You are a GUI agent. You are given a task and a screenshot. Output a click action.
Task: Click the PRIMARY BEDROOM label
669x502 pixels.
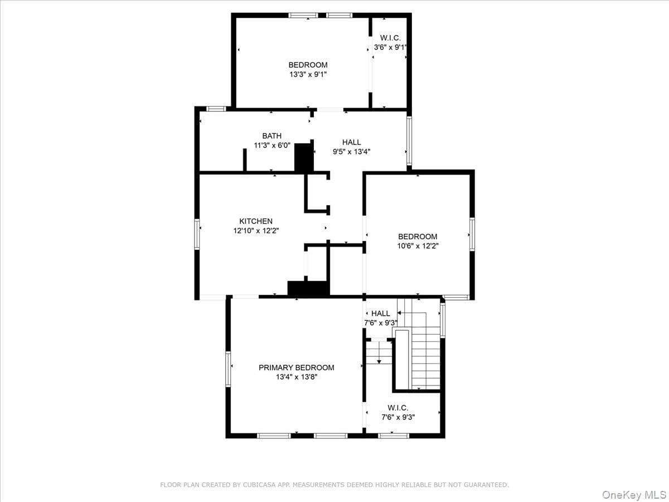[x=296, y=368]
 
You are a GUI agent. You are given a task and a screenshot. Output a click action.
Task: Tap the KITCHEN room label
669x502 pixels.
[x=256, y=221]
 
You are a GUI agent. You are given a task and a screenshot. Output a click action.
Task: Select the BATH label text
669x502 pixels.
[x=272, y=136]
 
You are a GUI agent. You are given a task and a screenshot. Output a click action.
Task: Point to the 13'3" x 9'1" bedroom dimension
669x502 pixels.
[x=308, y=74]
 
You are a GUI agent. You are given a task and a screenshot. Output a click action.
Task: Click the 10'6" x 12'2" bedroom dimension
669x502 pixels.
[x=418, y=246]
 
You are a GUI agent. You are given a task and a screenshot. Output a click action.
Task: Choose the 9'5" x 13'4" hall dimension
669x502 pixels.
[x=351, y=152]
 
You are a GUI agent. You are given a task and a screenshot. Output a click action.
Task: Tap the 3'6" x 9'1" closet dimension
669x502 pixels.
[x=390, y=47]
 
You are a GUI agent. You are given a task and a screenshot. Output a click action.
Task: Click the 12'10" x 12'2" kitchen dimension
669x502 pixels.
[x=256, y=231]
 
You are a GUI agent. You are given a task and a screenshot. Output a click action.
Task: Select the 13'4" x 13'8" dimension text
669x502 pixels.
[x=297, y=377]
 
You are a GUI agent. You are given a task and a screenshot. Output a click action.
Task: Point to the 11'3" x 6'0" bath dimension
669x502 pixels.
[x=272, y=146]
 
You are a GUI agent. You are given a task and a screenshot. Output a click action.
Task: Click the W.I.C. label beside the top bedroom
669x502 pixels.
[x=390, y=38]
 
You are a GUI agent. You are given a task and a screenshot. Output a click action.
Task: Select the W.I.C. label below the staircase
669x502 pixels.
[x=397, y=408]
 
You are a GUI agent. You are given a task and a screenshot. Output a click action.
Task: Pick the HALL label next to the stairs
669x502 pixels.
[x=381, y=313]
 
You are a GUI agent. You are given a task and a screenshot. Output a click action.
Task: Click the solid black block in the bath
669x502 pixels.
[x=304, y=157]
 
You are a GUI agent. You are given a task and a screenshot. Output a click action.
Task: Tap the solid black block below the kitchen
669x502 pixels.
[x=308, y=288]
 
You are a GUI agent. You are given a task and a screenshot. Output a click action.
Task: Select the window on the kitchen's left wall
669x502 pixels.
[x=197, y=234]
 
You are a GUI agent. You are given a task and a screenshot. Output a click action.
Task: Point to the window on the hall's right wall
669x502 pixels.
[x=409, y=141]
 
